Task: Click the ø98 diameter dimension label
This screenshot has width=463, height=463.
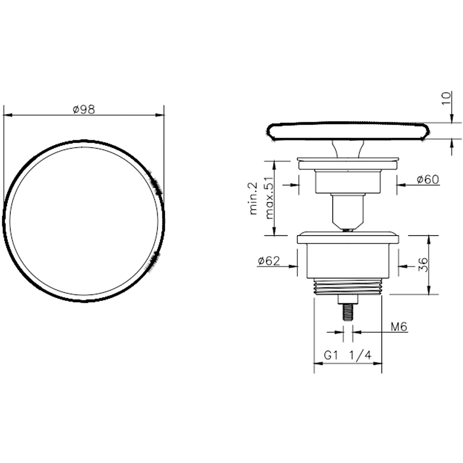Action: tap(84, 109)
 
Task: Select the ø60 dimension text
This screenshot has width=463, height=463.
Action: tap(427, 180)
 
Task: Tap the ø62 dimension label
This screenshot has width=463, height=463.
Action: tap(269, 261)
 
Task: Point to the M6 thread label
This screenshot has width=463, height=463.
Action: tap(398, 327)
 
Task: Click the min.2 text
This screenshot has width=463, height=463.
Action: tap(253, 198)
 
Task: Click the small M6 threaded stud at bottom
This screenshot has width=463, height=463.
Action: tap(348, 311)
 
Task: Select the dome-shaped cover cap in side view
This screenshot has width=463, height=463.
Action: tap(348, 131)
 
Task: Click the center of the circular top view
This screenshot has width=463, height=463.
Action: tap(84, 221)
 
